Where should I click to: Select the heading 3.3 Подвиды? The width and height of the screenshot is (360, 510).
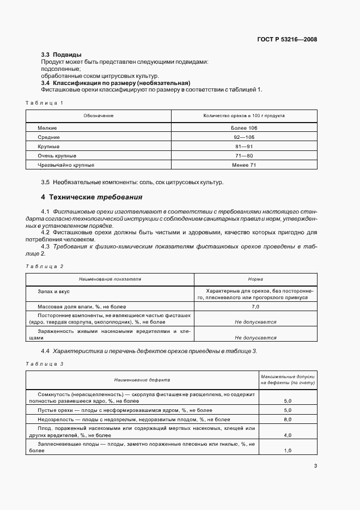62,55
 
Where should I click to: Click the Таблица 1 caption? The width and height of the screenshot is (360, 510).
45,102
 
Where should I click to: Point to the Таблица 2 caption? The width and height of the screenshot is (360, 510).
45,266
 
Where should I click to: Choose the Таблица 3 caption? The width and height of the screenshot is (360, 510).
45,363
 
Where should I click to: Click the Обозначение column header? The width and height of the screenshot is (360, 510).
99,116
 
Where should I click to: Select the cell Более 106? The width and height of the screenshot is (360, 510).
244,127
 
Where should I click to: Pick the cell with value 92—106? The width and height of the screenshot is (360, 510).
244,137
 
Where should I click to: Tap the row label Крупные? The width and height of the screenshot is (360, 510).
48,147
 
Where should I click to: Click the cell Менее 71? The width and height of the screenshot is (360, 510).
244,165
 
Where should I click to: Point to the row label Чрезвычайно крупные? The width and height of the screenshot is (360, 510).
66,165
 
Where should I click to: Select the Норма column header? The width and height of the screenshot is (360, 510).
255,279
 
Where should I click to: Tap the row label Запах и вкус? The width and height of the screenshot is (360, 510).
53,292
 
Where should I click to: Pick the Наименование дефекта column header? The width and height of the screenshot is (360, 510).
142,380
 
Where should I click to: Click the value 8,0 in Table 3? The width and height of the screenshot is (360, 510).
288,420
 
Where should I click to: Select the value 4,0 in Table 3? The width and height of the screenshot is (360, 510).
288,435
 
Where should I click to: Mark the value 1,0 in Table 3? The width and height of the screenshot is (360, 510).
288,451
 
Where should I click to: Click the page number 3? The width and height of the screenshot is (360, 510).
315,465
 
